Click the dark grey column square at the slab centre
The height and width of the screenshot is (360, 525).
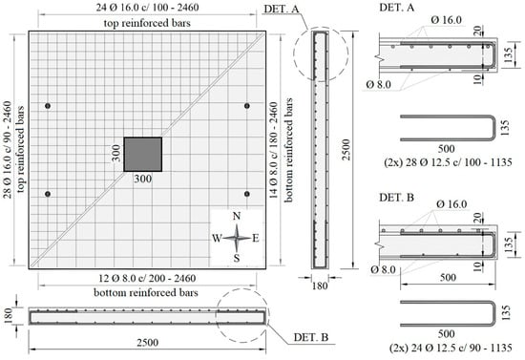click(x=143, y=155)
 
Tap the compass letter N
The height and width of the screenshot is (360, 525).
click(x=237, y=217)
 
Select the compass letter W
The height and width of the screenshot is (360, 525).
click(x=217, y=239)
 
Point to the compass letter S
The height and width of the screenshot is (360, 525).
click(x=237, y=258)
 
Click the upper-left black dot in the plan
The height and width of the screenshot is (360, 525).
click(x=48, y=106)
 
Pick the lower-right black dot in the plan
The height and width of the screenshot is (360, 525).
click(x=247, y=194)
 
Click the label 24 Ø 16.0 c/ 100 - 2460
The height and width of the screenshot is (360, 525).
click(x=147, y=8)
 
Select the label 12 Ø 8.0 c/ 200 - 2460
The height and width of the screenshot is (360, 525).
click(x=147, y=278)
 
